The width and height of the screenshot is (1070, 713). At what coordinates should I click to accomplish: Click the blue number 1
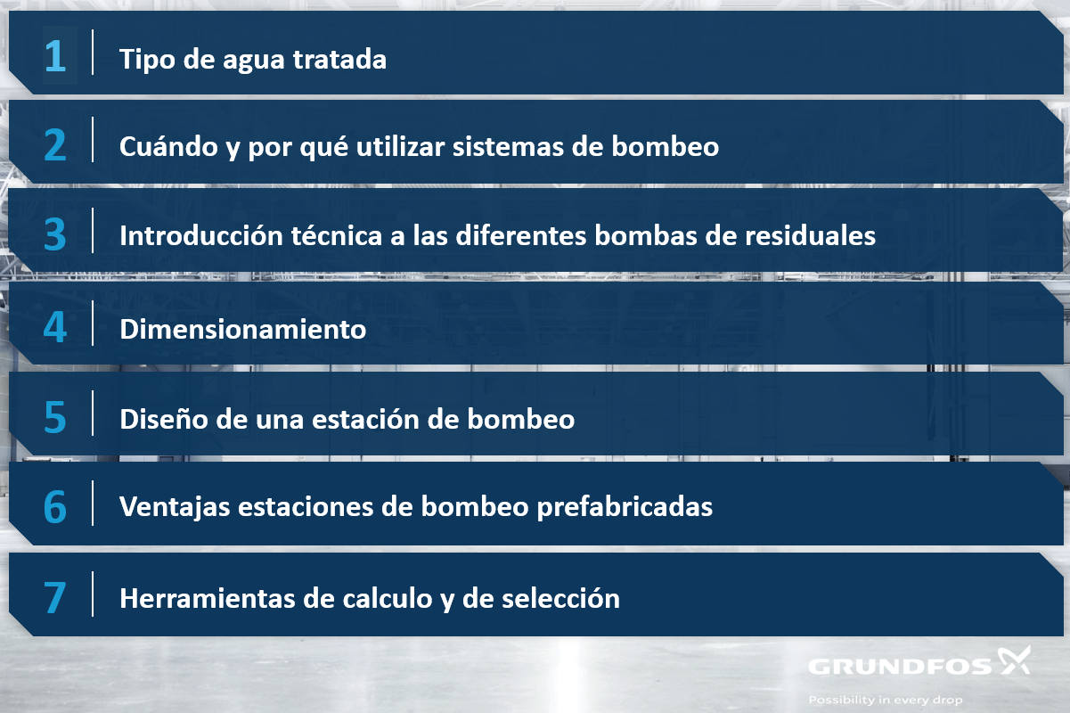[x=55, y=56]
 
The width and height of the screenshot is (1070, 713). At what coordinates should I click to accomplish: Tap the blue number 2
[x=55, y=144]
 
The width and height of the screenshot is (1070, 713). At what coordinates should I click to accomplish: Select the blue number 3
[x=55, y=234]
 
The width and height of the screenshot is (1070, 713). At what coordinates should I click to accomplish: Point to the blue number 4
[x=55, y=327]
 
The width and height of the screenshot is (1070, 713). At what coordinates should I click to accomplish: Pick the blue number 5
[x=55, y=417]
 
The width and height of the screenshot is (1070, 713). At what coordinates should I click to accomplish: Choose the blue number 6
[x=55, y=506]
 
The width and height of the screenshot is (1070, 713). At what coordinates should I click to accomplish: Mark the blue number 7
[x=55, y=597]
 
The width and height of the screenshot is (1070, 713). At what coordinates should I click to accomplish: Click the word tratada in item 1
[x=339, y=59]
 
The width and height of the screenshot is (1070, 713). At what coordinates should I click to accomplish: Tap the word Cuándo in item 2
[x=169, y=146]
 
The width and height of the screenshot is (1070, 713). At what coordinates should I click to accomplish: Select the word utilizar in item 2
[x=401, y=146]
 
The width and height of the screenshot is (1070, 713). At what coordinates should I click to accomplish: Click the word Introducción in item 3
[x=201, y=235]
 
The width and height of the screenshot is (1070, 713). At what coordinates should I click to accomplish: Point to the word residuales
[x=810, y=235]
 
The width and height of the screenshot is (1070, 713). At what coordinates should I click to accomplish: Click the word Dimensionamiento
[x=243, y=329]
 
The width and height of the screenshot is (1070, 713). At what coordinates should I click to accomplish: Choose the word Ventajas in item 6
[x=175, y=507]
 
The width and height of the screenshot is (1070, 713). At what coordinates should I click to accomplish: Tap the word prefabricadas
[x=625, y=507]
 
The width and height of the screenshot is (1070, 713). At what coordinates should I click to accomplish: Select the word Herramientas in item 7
[x=208, y=598]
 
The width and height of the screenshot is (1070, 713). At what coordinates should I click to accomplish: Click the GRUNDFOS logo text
[x=900, y=667]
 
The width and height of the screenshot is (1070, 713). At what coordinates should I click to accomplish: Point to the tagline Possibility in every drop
[x=886, y=701]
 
